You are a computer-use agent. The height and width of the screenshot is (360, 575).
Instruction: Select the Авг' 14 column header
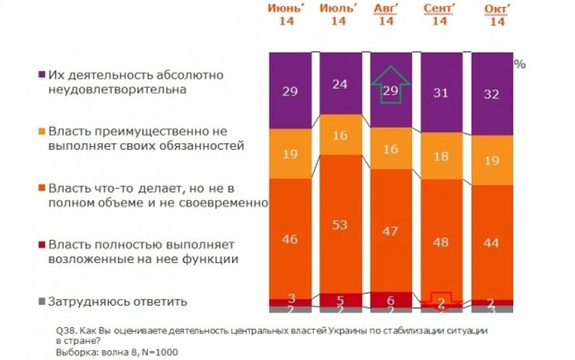click(386, 15)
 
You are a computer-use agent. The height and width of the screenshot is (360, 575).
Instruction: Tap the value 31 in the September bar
click(440, 94)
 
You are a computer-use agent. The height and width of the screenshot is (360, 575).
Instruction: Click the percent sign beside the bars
click(519, 65)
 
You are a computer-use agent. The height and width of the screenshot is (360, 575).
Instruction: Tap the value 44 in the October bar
click(492, 241)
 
